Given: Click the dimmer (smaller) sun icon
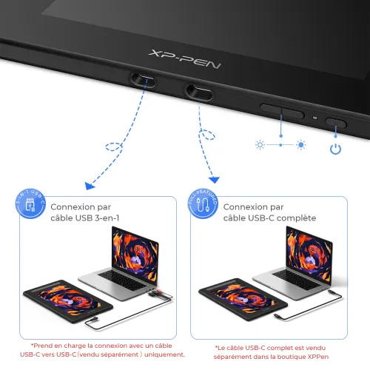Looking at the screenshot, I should (260, 144).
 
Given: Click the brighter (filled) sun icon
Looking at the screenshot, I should (300, 144).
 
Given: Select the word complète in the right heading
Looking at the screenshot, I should (294, 218).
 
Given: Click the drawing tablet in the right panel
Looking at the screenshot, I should (240, 302).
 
